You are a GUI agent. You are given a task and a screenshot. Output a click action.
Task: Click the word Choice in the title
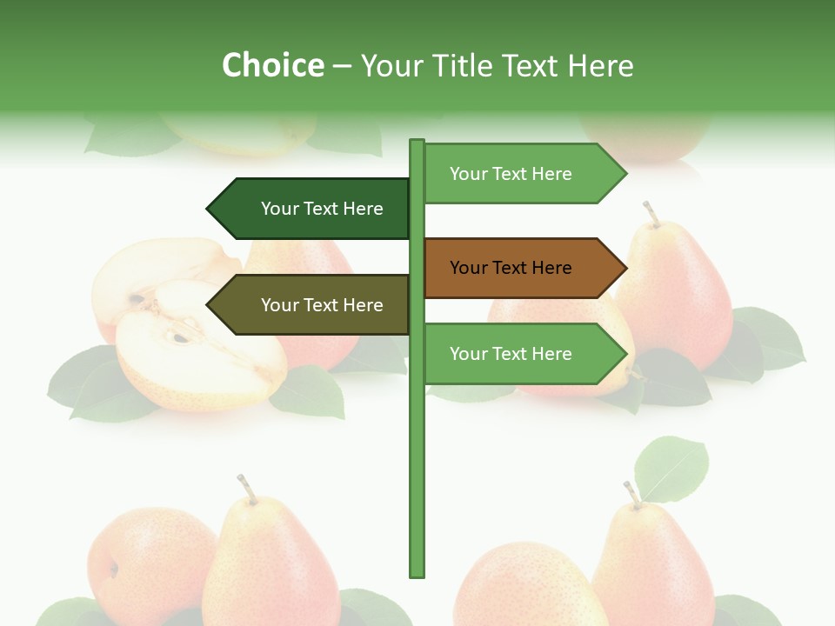[x=272, y=65]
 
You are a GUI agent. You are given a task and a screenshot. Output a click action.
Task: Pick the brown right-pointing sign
[x=522, y=268]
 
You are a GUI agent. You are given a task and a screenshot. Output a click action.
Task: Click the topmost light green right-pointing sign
[x=522, y=174]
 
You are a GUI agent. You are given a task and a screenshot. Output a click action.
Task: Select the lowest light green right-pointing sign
[x=522, y=354]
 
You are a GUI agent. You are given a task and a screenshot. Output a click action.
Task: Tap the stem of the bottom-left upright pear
[x=247, y=489]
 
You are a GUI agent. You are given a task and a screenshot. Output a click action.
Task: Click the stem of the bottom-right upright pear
[x=632, y=494]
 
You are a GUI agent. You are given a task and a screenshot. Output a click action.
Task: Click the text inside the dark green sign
[x=322, y=209]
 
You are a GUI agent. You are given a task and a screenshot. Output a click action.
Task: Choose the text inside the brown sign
[x=511, y=268]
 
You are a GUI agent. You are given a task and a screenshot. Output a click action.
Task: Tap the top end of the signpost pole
[x=417, y=143]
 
